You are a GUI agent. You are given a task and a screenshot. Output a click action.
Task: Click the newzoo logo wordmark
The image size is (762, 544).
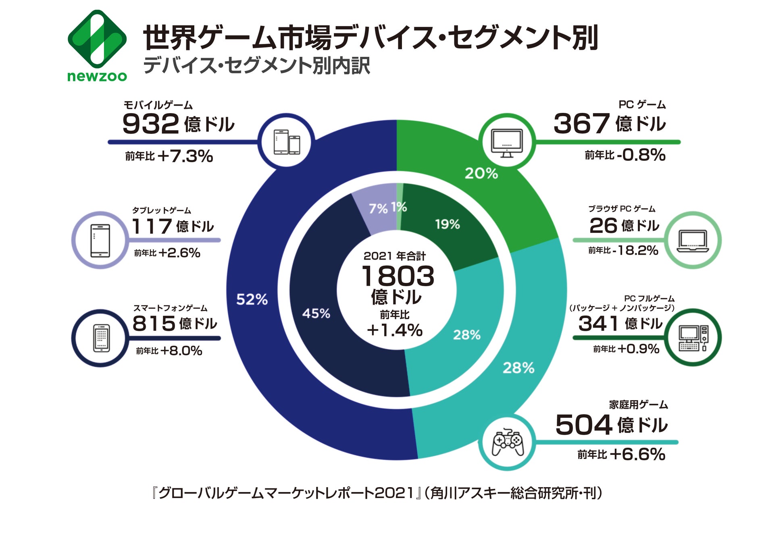pyautogui.click(x=97, y=76)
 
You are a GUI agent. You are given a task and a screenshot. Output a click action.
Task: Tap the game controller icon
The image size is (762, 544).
pyautogui.click(x=507, y=442)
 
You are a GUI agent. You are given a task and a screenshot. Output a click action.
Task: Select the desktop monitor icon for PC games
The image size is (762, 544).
pyautogui.click(x=507, y=142)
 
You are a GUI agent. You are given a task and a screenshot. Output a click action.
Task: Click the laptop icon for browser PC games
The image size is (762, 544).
pyautogui.click(x=692, y=241)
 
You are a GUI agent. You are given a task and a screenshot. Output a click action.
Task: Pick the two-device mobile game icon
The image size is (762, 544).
pyautogui.click(x=287, y=142)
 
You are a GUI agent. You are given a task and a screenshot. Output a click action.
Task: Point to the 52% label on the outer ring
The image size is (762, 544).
pyautogui.click(x=252, y=299)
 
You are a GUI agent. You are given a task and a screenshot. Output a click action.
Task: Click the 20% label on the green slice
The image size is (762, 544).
pyautogui.click(x=481, y=174)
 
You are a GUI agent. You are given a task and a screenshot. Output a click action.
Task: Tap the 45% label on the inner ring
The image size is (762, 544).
pyautogui.click(x=316, y=314)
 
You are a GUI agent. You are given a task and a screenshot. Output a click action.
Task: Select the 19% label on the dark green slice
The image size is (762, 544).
pyautogui.click(x=447, y=224)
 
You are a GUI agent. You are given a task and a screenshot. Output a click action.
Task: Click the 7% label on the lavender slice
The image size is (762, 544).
pyautogui.click(x=378, y=209)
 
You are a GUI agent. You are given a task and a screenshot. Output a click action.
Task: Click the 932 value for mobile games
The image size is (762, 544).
pyautogui.click(x=150, y=124)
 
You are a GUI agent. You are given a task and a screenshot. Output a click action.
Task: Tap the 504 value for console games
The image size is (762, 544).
pyautogui.click(x=583, y=425)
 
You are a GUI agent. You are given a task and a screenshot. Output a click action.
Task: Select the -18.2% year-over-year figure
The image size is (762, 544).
pyautogui.click(x=635, y=251)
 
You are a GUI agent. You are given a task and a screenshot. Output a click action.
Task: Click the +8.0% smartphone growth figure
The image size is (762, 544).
pyautogui.click(x=181, y=351)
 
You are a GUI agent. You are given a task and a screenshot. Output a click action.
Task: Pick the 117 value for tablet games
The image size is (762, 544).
pyautogui.click(x=152, y=226)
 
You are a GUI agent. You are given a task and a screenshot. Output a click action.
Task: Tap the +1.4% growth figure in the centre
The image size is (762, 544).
pyautogui.click(x=395, y=330)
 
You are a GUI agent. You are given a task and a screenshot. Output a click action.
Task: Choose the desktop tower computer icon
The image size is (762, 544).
pyautogui.click(x=693, y=338)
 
